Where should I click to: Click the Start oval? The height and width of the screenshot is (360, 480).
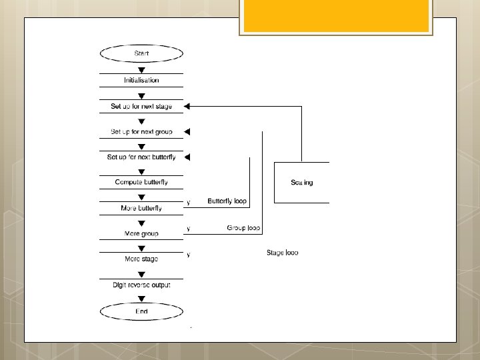[141, 53]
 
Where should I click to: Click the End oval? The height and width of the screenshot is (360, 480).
[141, 311]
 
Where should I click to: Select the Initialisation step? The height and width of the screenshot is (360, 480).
[141, 80]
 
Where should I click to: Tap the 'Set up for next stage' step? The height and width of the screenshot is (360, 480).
[141, 106]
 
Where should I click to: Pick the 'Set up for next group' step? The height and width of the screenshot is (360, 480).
[141, 131]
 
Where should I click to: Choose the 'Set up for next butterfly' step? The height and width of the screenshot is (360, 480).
[141, 157]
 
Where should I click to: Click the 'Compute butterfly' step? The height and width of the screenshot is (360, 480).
[141, 182]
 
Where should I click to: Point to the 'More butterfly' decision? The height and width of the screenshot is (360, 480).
[141, 208]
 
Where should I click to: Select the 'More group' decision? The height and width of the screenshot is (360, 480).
[141, 234]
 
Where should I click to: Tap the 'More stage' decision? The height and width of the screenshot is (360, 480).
[141, 259]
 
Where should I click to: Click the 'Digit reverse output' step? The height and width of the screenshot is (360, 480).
[141, 285]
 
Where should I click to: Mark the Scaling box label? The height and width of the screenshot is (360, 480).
[302, 182]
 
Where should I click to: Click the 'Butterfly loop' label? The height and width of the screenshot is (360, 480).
[227, 201]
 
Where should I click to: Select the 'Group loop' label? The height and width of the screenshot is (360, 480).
[243, 228]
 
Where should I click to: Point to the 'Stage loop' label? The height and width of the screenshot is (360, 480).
[282, 253]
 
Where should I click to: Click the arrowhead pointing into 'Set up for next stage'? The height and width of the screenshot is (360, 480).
[187, 106]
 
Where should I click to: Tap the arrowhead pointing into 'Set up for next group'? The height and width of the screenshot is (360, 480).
[187, 131]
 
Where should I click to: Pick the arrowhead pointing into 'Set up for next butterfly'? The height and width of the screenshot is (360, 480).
[187, 157]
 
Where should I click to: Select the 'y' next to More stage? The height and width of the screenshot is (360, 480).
[189, 254]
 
